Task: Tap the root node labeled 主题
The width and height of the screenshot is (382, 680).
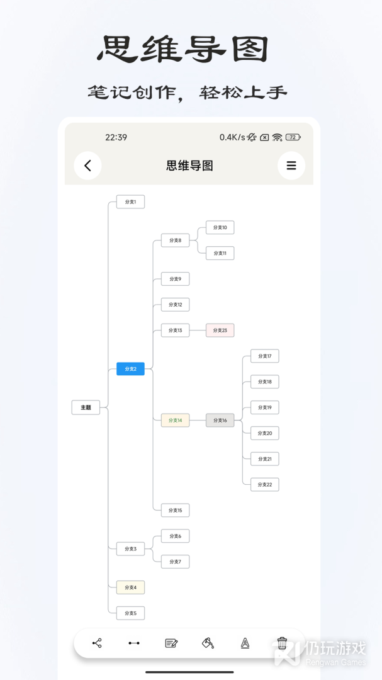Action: click(x=86, y=407)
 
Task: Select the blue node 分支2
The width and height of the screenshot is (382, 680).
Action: click(x=130, y=368)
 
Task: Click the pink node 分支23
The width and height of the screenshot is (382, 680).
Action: click(x=220, y=330)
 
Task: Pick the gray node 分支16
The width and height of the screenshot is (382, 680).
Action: click(x=220, y=420)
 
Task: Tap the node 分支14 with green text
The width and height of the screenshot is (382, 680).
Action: click(x=175, y=420)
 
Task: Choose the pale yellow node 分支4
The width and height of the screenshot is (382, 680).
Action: click(x=130, y=587)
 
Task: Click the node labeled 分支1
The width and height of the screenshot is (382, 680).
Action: click(x=130, y=201)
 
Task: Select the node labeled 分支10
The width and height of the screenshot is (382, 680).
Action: click(x=220, y=227)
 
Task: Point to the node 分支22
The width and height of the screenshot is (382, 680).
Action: click(x=264, y=484)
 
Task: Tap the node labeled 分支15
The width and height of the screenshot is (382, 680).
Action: click(x=175, y=510)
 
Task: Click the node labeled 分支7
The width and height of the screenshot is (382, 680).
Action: click(x=175, y=562)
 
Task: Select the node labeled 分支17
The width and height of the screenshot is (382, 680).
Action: click(x=264, y=356)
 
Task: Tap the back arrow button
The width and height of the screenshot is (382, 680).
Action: click(x=87, y=165)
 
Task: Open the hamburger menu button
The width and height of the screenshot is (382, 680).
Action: click(x=291, y=165)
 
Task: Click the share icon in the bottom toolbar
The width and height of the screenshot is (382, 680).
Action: click(x=97, y=643)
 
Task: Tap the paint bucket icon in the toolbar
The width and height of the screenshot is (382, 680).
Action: click(x=208, y=643)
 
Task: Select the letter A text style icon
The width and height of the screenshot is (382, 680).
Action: click(x=245, y=643)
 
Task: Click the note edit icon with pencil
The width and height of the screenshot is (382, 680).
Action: click(x=171, y=643)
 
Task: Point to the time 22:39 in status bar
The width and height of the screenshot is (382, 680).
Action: click(x=116, y=137)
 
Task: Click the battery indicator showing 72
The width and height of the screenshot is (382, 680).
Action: click(x=293, y=137)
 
